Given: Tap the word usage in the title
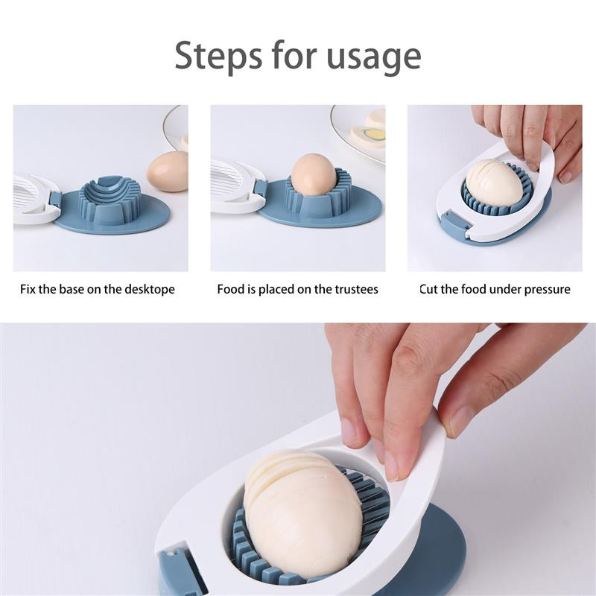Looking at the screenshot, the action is pos(374,58).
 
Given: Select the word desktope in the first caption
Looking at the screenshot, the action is pos(150,290).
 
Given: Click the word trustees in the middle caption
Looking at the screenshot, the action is pos(356,289).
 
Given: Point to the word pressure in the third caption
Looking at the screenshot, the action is pos(548,290).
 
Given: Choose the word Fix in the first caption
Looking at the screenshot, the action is pos(28,289).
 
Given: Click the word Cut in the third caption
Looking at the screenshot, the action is pos(428,289).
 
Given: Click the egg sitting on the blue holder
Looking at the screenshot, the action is pos(314,174).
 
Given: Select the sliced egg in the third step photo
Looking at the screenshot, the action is pos(494,181).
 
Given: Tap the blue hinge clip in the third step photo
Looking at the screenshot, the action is pos(456,224).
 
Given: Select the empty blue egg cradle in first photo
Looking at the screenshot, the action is pos(110,201).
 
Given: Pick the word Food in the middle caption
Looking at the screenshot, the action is pos(231,289).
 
